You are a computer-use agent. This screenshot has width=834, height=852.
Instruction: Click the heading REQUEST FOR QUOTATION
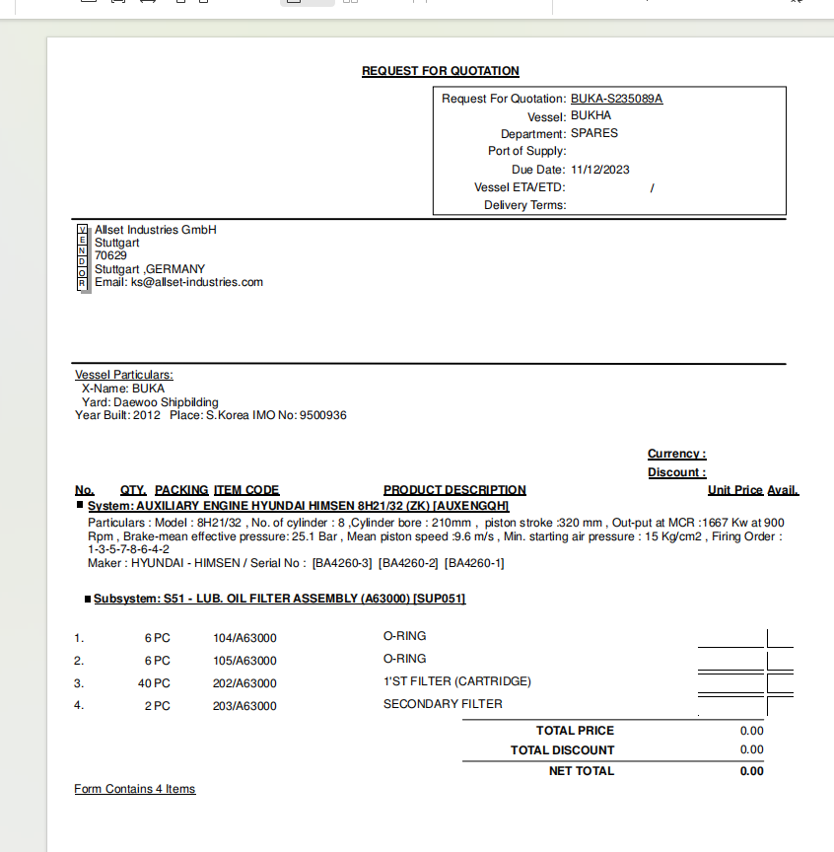coord(440,71)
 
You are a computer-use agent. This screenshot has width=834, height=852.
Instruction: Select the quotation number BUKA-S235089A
coord(616,99)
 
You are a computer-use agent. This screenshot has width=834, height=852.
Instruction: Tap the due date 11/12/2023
coord(599,170)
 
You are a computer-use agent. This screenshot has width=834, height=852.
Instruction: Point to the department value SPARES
coord(594,133)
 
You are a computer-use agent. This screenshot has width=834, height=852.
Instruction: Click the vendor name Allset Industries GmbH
coord(155,230)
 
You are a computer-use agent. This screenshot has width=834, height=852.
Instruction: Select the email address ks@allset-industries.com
coord(197,282)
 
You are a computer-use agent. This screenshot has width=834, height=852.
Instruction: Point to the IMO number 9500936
coord(323,415)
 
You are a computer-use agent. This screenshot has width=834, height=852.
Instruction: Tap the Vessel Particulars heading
coord(124,375)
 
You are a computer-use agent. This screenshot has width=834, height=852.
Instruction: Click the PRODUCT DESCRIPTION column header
coord(454,490)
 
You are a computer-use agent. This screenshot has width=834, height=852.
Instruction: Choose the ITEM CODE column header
coord(246,490)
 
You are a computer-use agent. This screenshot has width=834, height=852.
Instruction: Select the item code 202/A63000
coord(244,683)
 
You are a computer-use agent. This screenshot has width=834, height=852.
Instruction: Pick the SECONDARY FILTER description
coord(443,704)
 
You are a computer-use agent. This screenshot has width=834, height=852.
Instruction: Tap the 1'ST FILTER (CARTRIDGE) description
coord(456,681)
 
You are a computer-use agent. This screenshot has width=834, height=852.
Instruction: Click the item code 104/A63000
coord(244,638)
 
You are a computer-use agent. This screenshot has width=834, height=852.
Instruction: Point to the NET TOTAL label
coord(581,771)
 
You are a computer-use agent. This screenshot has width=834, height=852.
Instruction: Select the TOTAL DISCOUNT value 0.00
coord(751,750)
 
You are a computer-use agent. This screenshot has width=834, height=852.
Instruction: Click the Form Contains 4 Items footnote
coord(135,789)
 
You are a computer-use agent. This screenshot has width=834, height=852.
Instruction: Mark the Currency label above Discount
coord(676,455)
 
